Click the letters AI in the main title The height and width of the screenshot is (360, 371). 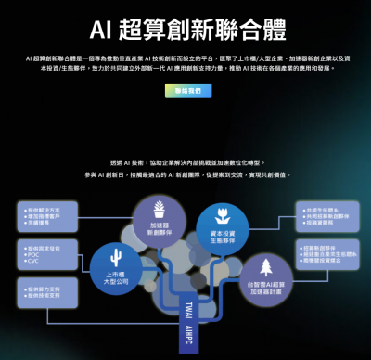click(x=101, y=32)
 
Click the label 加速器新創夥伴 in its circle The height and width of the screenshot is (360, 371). click(x=159, y=227)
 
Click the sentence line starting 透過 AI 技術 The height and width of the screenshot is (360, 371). click(x=185, y=161)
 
